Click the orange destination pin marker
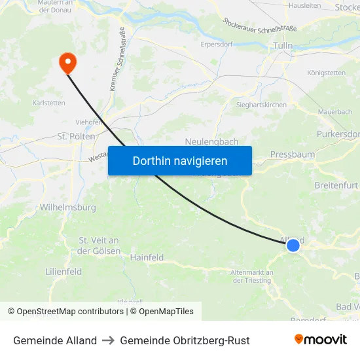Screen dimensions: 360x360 pyautogui.click(x=67, y=62)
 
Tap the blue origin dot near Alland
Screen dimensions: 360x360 pyautogui.click(x=293, y=245)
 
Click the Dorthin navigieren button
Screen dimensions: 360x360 pyautogui.click(x=180, y=160)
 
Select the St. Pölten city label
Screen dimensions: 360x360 pyautogui.click(x=77, y=136)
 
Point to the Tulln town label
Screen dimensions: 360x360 pyautogui.click(x=283, y=46)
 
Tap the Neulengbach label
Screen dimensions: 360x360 pyautogui.click(x=211, y=141)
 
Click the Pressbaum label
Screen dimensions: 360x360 pyautogui.click(x=293, y=154)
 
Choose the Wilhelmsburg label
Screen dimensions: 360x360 pyautogui.click(x=68, y=207)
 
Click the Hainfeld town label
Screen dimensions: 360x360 pyautogui.click(x=147, y=257)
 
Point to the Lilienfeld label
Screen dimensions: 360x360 pyautogui.click(x=63, y=270)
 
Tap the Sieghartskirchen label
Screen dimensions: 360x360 pyautogui.click(x=261, y=104)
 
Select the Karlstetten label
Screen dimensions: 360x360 pyautogui.click(x=48, y=103)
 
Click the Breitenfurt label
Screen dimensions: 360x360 pyautogui.click(x=336, y=185)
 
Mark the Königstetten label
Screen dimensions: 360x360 pyautogui.click(x=326, y=73)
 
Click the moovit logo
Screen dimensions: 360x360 pyautogui.click(x=320, y=340)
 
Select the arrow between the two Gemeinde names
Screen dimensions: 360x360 pyautogui.click(x=108, y=340)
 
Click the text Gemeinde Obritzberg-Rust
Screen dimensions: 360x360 pyautogui.click(x=185, y=340)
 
